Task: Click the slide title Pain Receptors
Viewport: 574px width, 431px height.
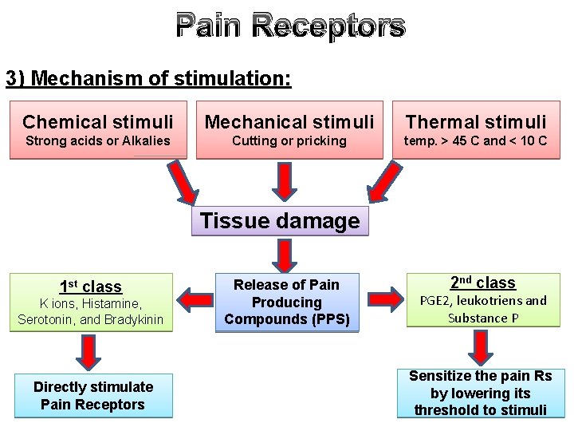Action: click(290, 26)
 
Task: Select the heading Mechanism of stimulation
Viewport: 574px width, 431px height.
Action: click(148, 78)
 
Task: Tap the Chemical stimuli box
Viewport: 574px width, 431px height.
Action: click(98, 129)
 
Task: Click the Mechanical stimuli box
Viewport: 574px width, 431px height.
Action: click(289, 129)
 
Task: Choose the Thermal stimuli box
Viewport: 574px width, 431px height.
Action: click(476, 129)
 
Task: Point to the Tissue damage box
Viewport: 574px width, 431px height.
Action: click(280, 221)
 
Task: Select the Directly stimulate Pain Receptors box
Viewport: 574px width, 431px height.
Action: click(93, 396)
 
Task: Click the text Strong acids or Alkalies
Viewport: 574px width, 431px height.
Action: click(98, 141)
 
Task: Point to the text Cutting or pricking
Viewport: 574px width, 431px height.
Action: click(289, 141)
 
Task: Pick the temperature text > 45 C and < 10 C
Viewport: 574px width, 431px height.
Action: click(476, 141)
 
